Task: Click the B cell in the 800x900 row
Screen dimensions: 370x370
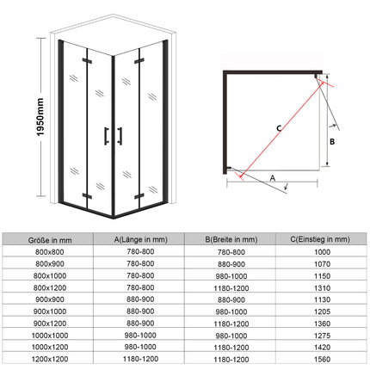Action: click(231, 263)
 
